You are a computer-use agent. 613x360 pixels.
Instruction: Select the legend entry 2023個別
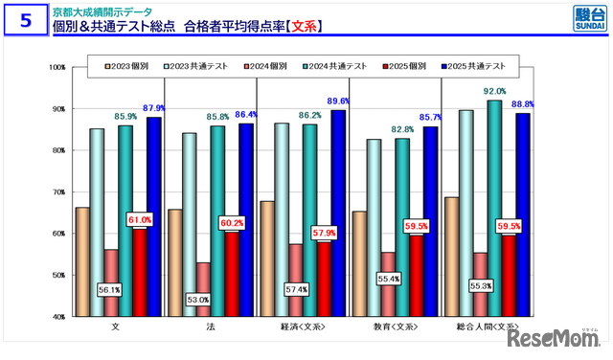click(x=131, y=66)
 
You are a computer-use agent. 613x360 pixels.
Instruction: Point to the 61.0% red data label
click(x=140, y=220)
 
